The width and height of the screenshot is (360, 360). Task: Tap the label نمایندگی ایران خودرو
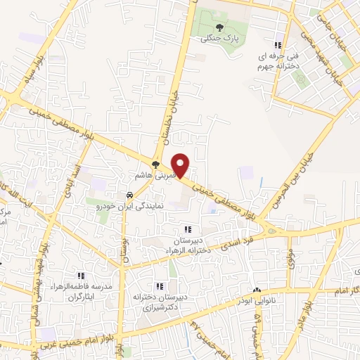point(129,208)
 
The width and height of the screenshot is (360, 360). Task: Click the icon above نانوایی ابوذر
point(257,290)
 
